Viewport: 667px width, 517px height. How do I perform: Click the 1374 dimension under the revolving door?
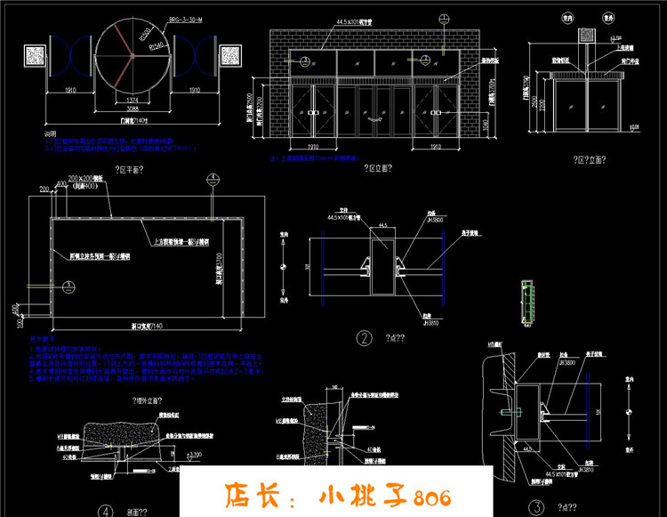(x=133, y=98)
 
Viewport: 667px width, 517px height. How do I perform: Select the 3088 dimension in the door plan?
(x=133, y=108)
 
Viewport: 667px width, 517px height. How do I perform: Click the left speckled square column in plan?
(x=35, y=54)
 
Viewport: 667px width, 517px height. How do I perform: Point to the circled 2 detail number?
(x=365, y=337)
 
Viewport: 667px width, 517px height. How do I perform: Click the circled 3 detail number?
(x=536, y=506)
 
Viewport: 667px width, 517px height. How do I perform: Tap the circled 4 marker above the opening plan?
(x=212, y=179)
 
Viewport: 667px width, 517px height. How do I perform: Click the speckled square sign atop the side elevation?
(x=586, y=34)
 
